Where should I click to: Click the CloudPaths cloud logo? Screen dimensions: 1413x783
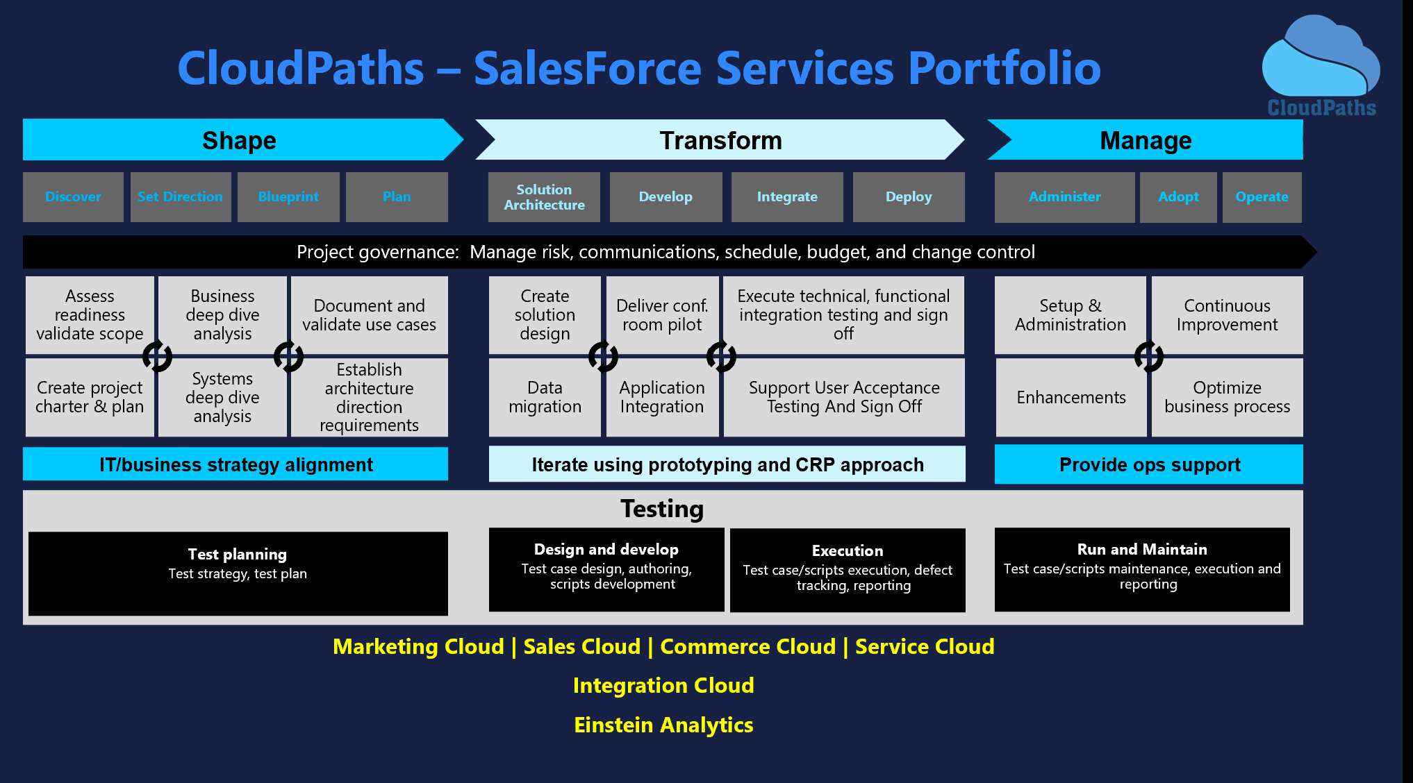[x=1321, y=65]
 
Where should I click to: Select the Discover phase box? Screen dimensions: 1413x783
[x=73, y=197]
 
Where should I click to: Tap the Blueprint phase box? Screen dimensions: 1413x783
[x=288, y=197]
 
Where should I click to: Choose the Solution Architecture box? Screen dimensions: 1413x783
[x=544, y=197]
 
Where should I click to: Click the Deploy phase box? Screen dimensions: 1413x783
[x=909, y=197]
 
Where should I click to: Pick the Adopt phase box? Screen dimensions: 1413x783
[x=1178, y=197]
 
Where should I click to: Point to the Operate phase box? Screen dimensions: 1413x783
[x=1262, y=197]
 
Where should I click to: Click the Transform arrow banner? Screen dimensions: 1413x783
[x=720, y=140]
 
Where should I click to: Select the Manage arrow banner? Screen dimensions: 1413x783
[x=1146, y=140]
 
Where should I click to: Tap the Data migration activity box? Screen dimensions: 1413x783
[x=545, y=397]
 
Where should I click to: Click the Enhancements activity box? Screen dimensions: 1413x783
[x=1071, y=397]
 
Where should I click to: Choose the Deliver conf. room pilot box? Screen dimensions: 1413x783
[x=662, y=315]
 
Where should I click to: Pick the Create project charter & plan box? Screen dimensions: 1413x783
[x=90, y=397]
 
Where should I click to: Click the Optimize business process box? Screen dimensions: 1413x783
[x=1227, y=397]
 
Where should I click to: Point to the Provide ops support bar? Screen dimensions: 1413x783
[x=1149, y=464]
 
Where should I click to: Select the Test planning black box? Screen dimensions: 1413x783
[x=238, y=573]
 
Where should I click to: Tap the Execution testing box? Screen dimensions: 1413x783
[x=848, y=570]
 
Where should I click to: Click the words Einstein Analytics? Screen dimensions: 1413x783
[x=663, y=725]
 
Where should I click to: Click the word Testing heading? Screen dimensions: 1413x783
[x=662, y=509]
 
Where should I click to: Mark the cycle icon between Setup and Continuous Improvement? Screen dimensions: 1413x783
[x=1148, y=356]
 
